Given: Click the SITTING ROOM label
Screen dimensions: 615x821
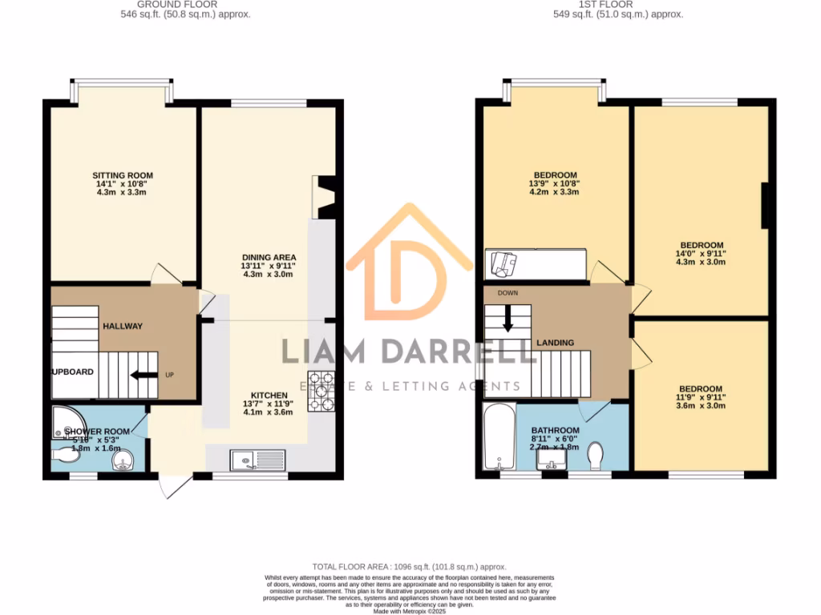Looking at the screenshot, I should click(x=123, y=175).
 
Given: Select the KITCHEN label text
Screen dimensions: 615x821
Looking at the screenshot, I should click(x=269, y=396).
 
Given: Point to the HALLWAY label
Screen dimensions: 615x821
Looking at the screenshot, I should click(x=123, y=326).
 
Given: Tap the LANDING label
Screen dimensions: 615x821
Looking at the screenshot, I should click(x=556, y=343).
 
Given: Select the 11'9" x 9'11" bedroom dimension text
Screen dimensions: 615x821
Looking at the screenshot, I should click(x=702, y=397).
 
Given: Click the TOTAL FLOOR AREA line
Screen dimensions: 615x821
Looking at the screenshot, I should click(x=410, y=565).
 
